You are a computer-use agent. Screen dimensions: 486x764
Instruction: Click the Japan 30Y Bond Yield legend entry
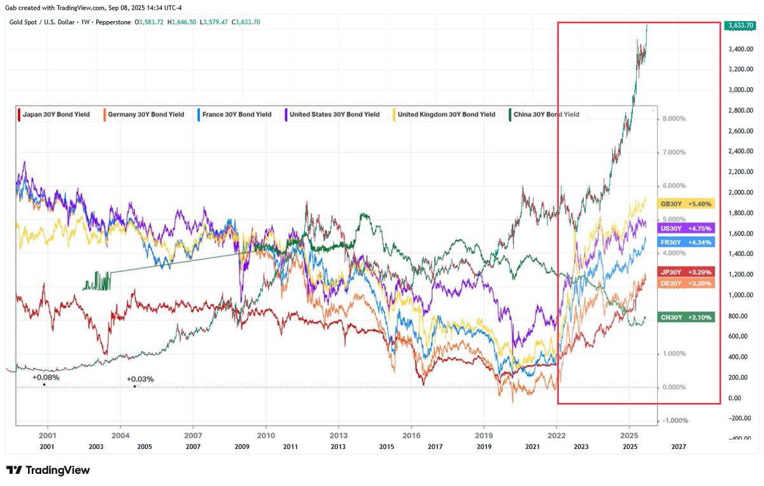(x=57, y=115)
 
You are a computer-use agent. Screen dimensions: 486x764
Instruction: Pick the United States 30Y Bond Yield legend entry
(x=333, y=115)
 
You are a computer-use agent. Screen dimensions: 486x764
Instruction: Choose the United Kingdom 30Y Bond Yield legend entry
(x=445, y=115)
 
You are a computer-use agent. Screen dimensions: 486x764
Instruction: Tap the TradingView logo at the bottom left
(x=48, y=470)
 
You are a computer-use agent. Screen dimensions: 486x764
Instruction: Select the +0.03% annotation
(x=140, y=379)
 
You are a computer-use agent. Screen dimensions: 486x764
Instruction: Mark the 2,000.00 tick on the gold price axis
(x=741, y=192)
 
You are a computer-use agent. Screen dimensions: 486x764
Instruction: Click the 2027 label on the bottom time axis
(x=679, y=447)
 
